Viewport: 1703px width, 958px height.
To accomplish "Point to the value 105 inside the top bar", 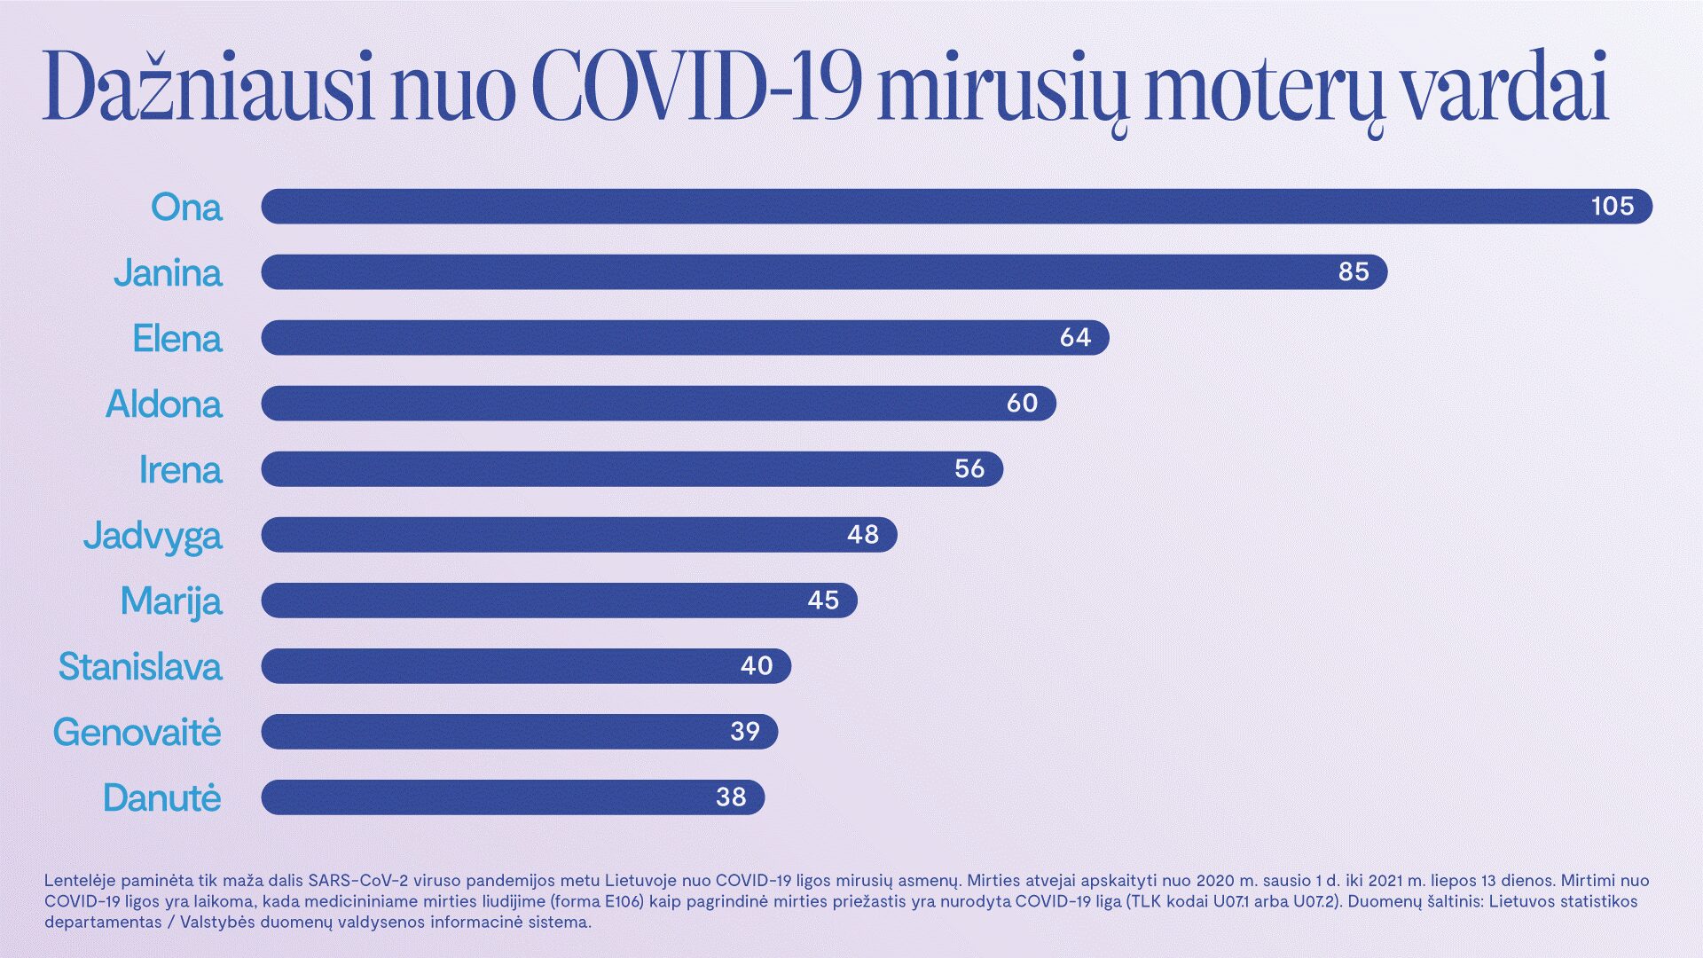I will point(1612,207).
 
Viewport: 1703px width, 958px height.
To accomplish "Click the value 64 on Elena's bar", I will point(1075,338).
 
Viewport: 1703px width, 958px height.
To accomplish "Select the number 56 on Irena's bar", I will point(969,469).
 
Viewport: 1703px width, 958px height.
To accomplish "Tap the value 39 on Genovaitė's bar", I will point(744,732).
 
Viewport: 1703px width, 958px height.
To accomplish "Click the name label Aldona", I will point(164,404).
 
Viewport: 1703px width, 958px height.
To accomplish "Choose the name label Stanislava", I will point(140,667).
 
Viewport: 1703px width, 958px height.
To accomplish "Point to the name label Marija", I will point(171,601).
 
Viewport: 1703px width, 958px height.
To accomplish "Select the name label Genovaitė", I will point(137,733).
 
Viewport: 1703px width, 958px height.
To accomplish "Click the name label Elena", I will point(177,339).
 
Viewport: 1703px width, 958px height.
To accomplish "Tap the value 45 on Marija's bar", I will point(822,601).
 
